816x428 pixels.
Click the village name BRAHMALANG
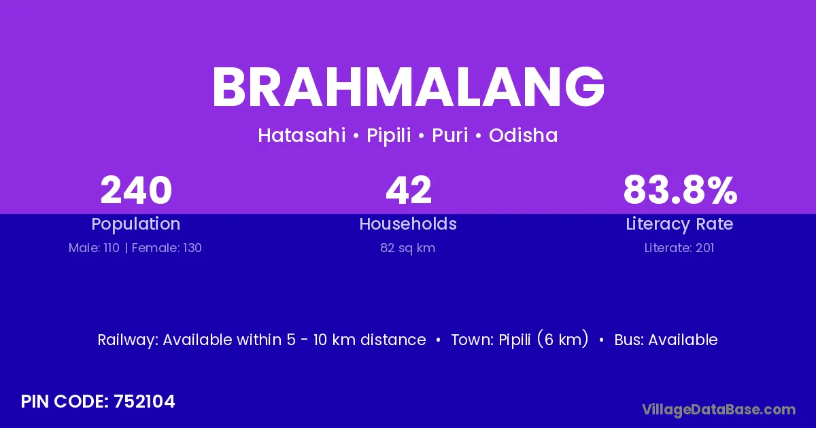tap(408, 87)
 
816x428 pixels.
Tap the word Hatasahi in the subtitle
tap(302, 135)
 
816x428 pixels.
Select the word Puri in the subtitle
tap(450, 135)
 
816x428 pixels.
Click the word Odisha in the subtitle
tap(523, 135)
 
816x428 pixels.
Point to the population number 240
tap(136, 190)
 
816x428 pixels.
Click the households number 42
tap(409, 190)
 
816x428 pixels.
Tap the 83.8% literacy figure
tap(680, 190)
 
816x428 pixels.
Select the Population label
tap(136, 224)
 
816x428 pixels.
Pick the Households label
tap(408, 224)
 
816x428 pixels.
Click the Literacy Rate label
tap(679, 224)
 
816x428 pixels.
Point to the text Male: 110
tap(94, 248)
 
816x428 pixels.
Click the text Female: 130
tap(167, 248)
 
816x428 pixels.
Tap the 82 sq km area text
tap(407, 248)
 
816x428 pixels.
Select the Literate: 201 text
tap(679, 248)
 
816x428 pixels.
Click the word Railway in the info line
tap(128, 340)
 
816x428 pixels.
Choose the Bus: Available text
tap(666, 340)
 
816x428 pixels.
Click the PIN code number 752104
tap(144, 402)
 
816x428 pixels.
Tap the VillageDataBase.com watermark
tap(719, 410)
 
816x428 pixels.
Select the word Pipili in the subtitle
tap(389, 135)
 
